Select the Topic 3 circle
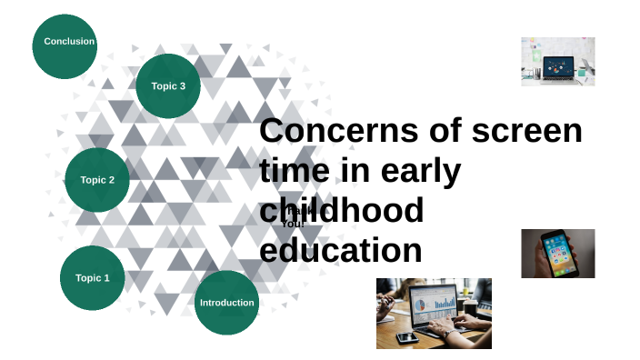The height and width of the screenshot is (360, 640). click(168, 86)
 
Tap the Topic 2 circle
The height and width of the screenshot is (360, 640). click(97, 180)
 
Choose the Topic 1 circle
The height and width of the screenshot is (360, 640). click(92, 277)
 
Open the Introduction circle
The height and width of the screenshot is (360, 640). click(226, 302)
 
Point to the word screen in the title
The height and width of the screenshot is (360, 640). click(527, 130)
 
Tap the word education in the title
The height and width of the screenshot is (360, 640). click(341, 249)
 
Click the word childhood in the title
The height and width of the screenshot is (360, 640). click(342, 210)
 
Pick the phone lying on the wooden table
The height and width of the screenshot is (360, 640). click(406, 336)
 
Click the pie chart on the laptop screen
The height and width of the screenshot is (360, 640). click(420, 303)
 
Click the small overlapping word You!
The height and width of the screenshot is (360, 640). click(292, 223)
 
